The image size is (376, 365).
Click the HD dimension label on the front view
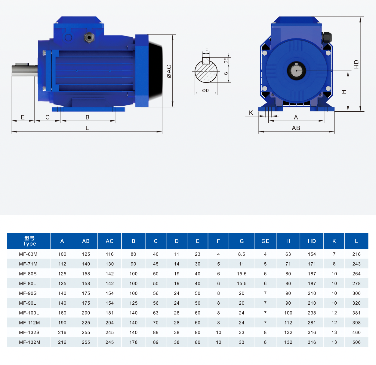tap(356, 64)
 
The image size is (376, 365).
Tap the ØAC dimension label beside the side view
tap(169, 71)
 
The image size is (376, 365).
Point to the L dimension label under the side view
tap(87, 128)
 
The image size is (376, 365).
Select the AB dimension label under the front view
tap(296, 128)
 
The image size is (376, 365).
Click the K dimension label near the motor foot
tap(251, 113)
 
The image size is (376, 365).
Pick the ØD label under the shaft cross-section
tap(205, 90)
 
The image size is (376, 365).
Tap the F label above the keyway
tap(207, 50)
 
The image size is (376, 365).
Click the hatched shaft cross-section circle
tap(206, 71)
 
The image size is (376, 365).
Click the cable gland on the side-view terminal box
tap(89, 38)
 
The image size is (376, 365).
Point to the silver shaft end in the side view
tap(25, 70)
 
